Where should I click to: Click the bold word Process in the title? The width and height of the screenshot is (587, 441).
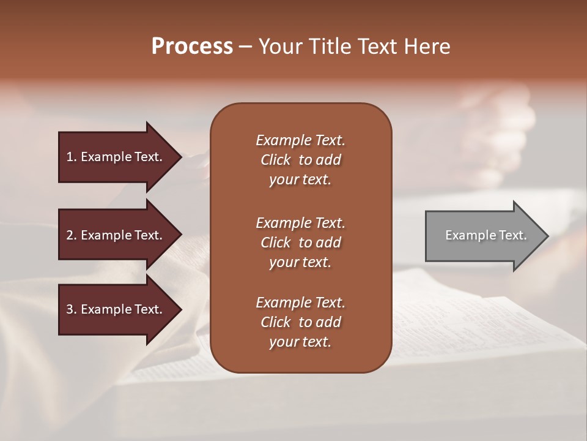[x=192, y=46]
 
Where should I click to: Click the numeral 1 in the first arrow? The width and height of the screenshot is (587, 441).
[x=70, y=157]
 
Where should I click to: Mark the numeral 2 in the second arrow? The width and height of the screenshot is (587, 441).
[x=70, y=235]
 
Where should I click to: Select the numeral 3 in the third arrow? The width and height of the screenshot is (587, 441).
[x=70, y=309]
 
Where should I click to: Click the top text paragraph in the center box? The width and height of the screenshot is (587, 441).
[x=300, y=160]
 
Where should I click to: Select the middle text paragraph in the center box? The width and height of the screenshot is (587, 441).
[x=300, y=242]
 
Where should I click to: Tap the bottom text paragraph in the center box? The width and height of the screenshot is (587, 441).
[x=300, y=322]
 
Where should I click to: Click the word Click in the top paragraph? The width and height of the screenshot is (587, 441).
[x=275, y=160]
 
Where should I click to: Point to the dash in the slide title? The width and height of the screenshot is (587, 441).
[x=245, y=47]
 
